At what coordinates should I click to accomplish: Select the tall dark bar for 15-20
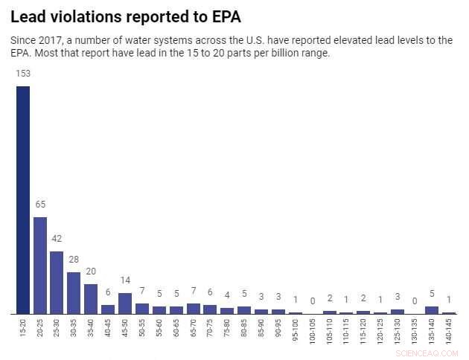[x=23, y=199]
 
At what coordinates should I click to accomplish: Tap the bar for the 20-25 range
[x=40, y=265]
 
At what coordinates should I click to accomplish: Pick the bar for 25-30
[x=57, y=282]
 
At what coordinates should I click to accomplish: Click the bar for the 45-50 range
[x=125, y=303]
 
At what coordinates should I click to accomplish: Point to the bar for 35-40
[x=91, y=298]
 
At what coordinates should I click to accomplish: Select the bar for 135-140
[x=432, y=309]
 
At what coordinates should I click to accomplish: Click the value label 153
[x=23, y=74]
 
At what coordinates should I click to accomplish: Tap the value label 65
[x=40, y=205]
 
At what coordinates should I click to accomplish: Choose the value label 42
[x=57, y=239]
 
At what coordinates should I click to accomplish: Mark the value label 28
[x=74, y=260]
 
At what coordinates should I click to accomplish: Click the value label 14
[x=125, y=280]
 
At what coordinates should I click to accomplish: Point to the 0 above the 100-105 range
[x=313, y=301]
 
